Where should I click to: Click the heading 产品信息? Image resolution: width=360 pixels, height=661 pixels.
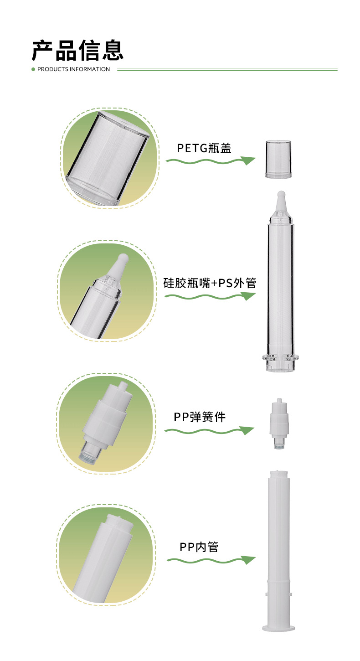[77, 50]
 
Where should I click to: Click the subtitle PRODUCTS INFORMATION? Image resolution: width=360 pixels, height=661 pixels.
[73, 69]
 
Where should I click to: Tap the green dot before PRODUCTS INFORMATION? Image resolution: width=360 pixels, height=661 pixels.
[33, 69]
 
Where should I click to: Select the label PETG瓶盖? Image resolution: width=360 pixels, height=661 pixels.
[204, 148]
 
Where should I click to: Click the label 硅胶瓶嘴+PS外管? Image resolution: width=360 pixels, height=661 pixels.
[210, 283]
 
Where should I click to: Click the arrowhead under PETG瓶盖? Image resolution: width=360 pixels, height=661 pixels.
[248, 160]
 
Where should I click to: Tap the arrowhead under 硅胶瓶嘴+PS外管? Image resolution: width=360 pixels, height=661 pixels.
[248, 296]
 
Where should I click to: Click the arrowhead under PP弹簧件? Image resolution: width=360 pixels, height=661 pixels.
[247, 430]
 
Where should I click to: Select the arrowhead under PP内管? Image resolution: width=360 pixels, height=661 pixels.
[248, 560]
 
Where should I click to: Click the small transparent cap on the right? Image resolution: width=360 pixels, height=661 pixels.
[278, 159]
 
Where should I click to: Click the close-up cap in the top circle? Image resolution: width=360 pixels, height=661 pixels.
[108, 157]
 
